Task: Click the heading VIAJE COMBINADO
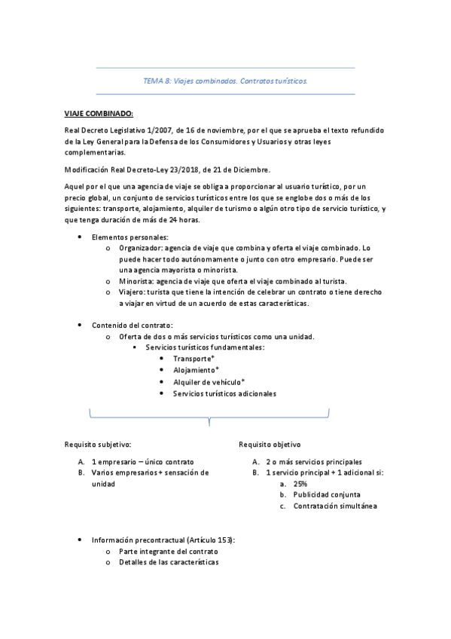98,113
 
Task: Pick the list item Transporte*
194,359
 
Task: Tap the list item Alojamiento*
196,370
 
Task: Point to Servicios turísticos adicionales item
224,393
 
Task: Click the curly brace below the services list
209,416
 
